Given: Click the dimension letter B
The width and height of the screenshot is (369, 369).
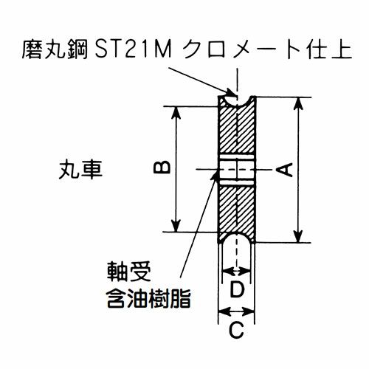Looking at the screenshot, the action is [x=162, y=168].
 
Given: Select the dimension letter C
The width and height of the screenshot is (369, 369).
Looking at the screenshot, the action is [x=236, y=330].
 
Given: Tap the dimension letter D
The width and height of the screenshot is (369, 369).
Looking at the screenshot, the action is [x=237, y=289].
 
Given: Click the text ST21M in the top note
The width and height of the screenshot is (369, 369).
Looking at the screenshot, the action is [x=133, y=50].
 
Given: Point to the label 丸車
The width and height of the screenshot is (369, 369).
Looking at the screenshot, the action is [x=80, y=170].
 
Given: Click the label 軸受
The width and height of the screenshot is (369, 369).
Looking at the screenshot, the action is [x=129, y=272].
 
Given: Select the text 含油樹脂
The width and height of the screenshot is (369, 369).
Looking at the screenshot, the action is [x=149, y=298].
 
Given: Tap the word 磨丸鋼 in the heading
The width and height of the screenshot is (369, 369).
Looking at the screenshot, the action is [x=55, y=50].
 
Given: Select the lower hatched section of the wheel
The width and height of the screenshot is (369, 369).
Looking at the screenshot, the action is [x=237, y=212].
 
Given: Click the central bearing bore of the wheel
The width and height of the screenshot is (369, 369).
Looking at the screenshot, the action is [x=237, y=170].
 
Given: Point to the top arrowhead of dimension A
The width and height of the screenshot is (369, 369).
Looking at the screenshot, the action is [x=298, y=104].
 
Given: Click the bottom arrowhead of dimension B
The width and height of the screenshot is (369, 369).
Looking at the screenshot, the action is [x=176, y=225].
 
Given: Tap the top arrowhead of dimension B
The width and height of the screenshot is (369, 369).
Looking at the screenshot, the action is [x=176, y=113].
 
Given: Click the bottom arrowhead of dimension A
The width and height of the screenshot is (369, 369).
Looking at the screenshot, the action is [x=298, y=236].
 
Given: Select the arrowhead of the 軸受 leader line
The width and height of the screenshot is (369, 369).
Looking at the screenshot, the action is [x=215, y=175].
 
